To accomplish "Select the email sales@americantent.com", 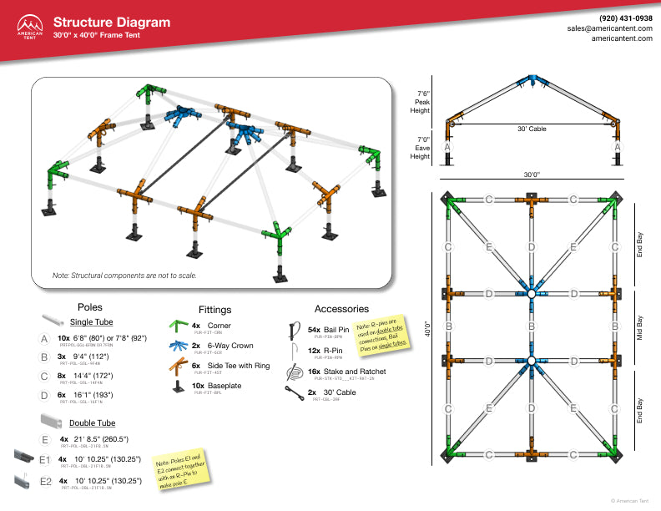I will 609,28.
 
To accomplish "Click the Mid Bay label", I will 640,328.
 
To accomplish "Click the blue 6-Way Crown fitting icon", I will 177,346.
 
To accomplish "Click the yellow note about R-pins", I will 380,331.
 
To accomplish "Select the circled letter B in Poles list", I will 44,358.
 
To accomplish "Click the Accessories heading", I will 341,309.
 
